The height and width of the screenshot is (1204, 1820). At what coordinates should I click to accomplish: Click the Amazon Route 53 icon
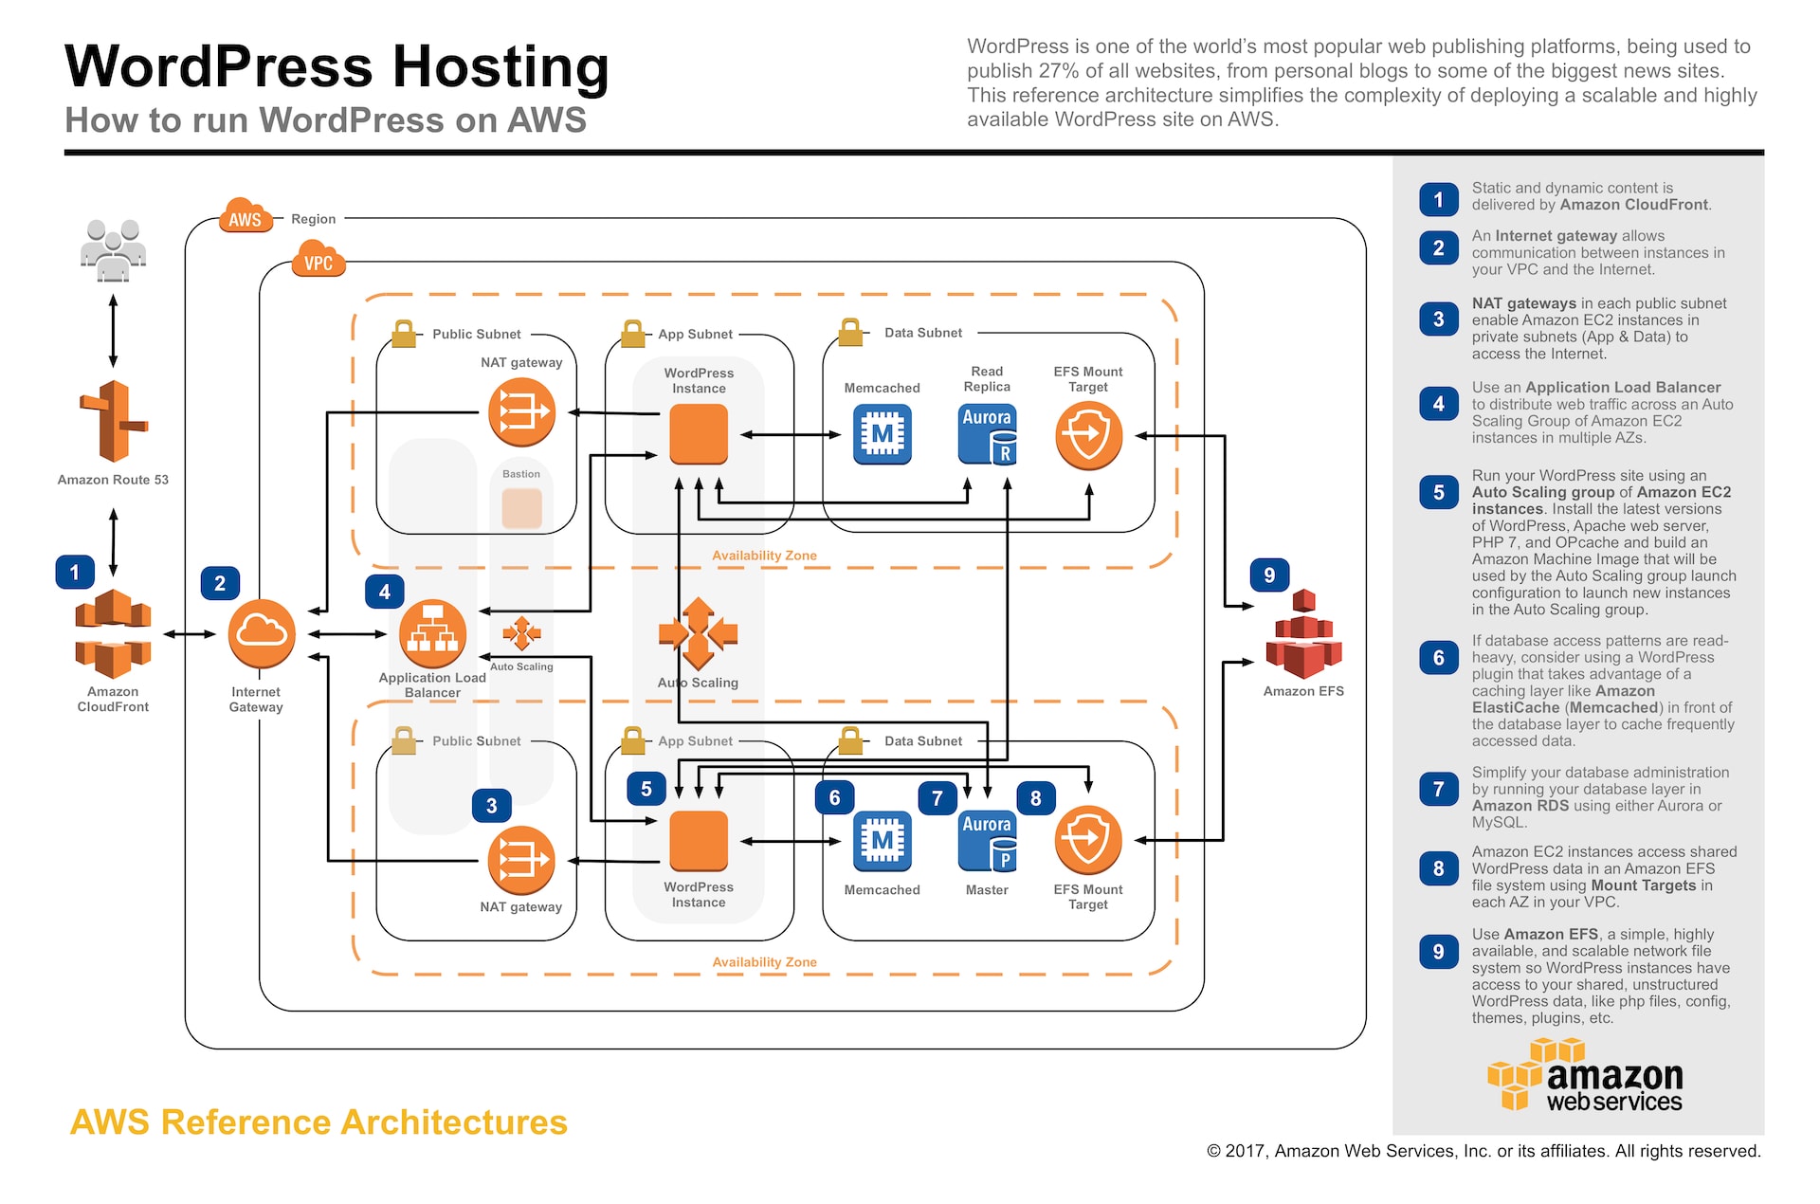[x=113, y=422]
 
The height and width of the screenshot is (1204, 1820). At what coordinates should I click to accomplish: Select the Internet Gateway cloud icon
[x=262, y=633]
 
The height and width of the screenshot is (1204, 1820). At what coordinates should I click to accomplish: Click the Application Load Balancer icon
[x=432, y=633]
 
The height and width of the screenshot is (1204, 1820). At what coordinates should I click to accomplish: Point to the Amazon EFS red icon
[x=1303, y=635]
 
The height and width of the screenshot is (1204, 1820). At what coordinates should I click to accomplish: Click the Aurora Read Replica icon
[x=987, y=434]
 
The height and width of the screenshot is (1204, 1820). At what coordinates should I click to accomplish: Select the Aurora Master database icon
[x=987, y=841]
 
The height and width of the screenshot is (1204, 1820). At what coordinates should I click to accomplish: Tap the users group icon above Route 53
[x=113, y=250]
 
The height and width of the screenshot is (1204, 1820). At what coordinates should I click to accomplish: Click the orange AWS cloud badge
[x=246, y=217]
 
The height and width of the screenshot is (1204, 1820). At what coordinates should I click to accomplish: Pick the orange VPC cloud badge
[x=318, y=261]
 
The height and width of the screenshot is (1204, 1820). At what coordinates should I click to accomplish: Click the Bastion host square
[x=521, y=508]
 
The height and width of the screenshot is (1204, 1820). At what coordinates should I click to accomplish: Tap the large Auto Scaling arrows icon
[x=699, y=633]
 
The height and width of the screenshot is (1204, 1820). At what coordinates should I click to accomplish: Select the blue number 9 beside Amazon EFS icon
[x=1268, y=575]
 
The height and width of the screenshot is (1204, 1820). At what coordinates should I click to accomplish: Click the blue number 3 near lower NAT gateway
[x=491, y=805]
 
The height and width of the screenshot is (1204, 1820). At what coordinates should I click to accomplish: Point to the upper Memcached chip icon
[x=882, y=434]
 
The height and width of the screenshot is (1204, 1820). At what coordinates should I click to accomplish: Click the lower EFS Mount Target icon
[x=1088, y=840]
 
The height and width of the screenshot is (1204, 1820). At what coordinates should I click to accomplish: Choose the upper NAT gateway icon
[x=521, y=411]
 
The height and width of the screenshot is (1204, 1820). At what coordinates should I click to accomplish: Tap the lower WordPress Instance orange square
[x=699, y=840]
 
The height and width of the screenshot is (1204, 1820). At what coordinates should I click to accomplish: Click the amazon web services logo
[x=1585, y=1076]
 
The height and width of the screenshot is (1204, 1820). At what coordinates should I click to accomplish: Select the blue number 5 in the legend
[x=1438, y=492]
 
